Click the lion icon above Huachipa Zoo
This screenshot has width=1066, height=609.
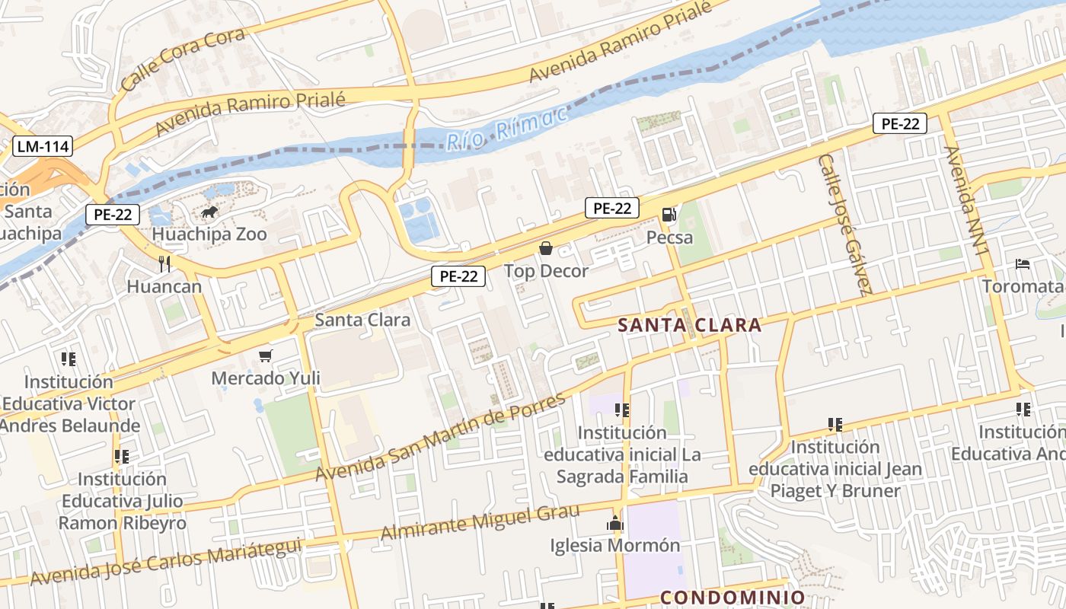209,212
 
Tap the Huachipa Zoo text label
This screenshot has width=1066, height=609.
209,234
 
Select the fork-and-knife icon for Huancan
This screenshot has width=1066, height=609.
164,264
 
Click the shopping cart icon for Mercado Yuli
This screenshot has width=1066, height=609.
266,356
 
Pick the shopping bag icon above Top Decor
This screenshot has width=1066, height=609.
545,248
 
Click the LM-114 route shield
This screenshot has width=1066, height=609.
42,145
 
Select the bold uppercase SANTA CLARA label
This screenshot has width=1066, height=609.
689,325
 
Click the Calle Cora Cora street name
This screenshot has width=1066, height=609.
183,59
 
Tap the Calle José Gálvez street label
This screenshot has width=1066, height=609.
844,224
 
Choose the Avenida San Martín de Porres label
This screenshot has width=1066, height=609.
442,437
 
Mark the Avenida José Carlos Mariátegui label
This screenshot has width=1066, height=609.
166,561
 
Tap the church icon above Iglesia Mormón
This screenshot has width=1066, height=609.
614,523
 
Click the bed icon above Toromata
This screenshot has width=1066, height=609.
1023,264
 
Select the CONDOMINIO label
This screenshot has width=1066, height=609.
732,598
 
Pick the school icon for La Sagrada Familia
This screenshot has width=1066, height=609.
622,410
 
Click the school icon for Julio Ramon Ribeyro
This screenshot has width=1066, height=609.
122,457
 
